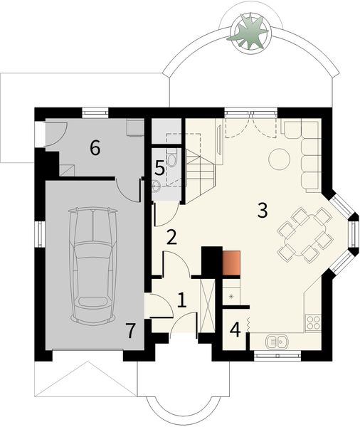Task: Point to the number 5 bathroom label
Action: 161,168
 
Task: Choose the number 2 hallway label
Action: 171,237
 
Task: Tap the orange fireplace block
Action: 232,263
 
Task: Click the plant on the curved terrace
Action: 252,32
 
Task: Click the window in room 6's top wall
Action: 95,111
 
